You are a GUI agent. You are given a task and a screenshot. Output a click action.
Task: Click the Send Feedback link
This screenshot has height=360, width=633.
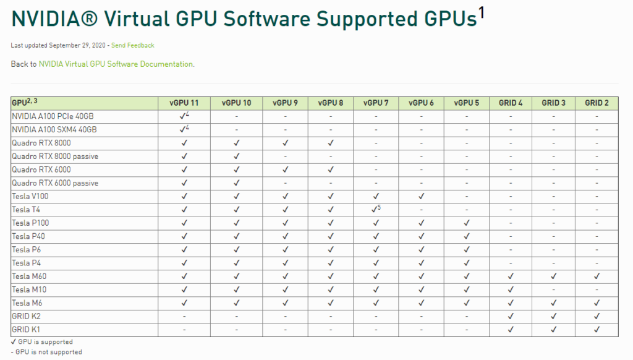(x=133, y=45)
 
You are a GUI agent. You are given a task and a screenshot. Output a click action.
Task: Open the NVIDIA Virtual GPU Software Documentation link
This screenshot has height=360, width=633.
(x=116, y=64)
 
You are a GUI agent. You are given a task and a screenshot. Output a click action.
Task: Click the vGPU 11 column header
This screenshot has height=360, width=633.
(x=184, y=103)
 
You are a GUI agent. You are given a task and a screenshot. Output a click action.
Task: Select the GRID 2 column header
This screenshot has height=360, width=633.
(x=597, y=103)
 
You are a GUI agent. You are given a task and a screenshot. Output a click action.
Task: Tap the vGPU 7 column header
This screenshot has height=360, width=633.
(x=376, y=103)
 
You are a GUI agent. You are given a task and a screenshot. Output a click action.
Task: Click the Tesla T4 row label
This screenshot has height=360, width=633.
(x=26, y=210)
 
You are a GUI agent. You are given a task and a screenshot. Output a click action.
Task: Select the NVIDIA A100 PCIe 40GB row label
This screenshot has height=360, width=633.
(x=53, y=116)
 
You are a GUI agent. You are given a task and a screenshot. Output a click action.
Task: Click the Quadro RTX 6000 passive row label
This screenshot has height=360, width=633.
(x=55, y=183)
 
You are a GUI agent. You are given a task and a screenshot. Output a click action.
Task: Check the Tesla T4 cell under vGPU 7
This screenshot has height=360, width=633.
(x=375, y=210)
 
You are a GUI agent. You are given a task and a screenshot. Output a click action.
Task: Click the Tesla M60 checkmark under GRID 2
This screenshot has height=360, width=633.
(x=597, y=276)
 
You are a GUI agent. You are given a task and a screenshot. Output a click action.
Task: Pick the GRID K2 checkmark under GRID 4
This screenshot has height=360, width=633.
(x=511, y=317)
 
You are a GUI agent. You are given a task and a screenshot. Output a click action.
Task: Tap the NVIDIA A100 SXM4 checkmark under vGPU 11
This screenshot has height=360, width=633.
(x=184, y=130)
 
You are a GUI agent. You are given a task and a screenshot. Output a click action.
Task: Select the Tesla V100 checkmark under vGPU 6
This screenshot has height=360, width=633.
(x=421, y=197)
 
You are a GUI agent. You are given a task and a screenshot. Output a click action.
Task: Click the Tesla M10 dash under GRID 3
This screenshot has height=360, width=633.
(x=553, y=289)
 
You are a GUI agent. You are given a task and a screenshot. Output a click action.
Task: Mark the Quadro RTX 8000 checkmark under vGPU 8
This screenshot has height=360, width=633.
(x=331, y=143)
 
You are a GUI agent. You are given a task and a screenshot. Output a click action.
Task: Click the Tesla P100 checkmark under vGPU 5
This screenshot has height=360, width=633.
(x=466, y=223)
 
